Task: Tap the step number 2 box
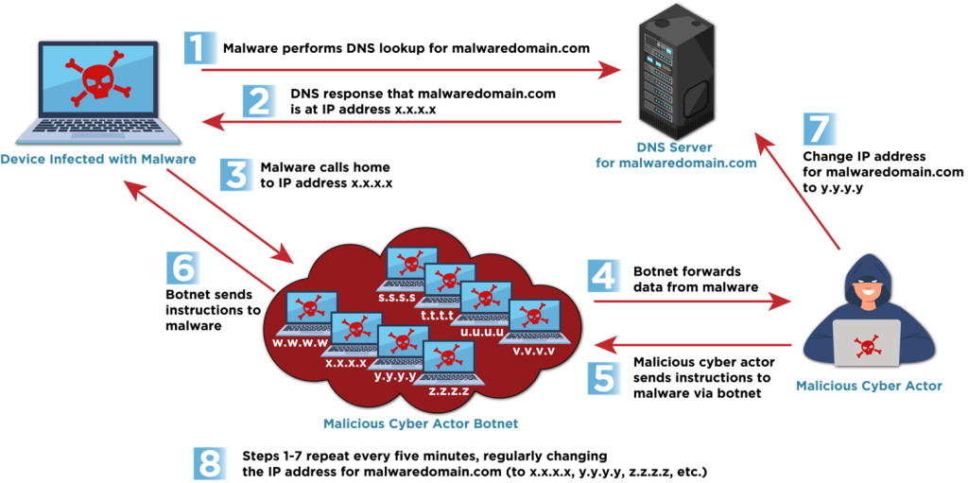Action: (259, 100)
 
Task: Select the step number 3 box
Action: (236, 174)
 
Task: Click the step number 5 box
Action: (604, 377)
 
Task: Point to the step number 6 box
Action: (183, 267)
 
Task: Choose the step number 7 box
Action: (820, 128)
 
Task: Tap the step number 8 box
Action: (210, 463)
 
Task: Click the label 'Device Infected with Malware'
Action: (98, 159)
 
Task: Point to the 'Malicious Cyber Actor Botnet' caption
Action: (421, 423)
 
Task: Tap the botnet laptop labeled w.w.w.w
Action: (306, 313)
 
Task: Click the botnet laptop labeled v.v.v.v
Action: (534, 321)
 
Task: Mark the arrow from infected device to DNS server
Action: (406, 70)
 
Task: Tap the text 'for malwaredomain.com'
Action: (676, 163)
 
